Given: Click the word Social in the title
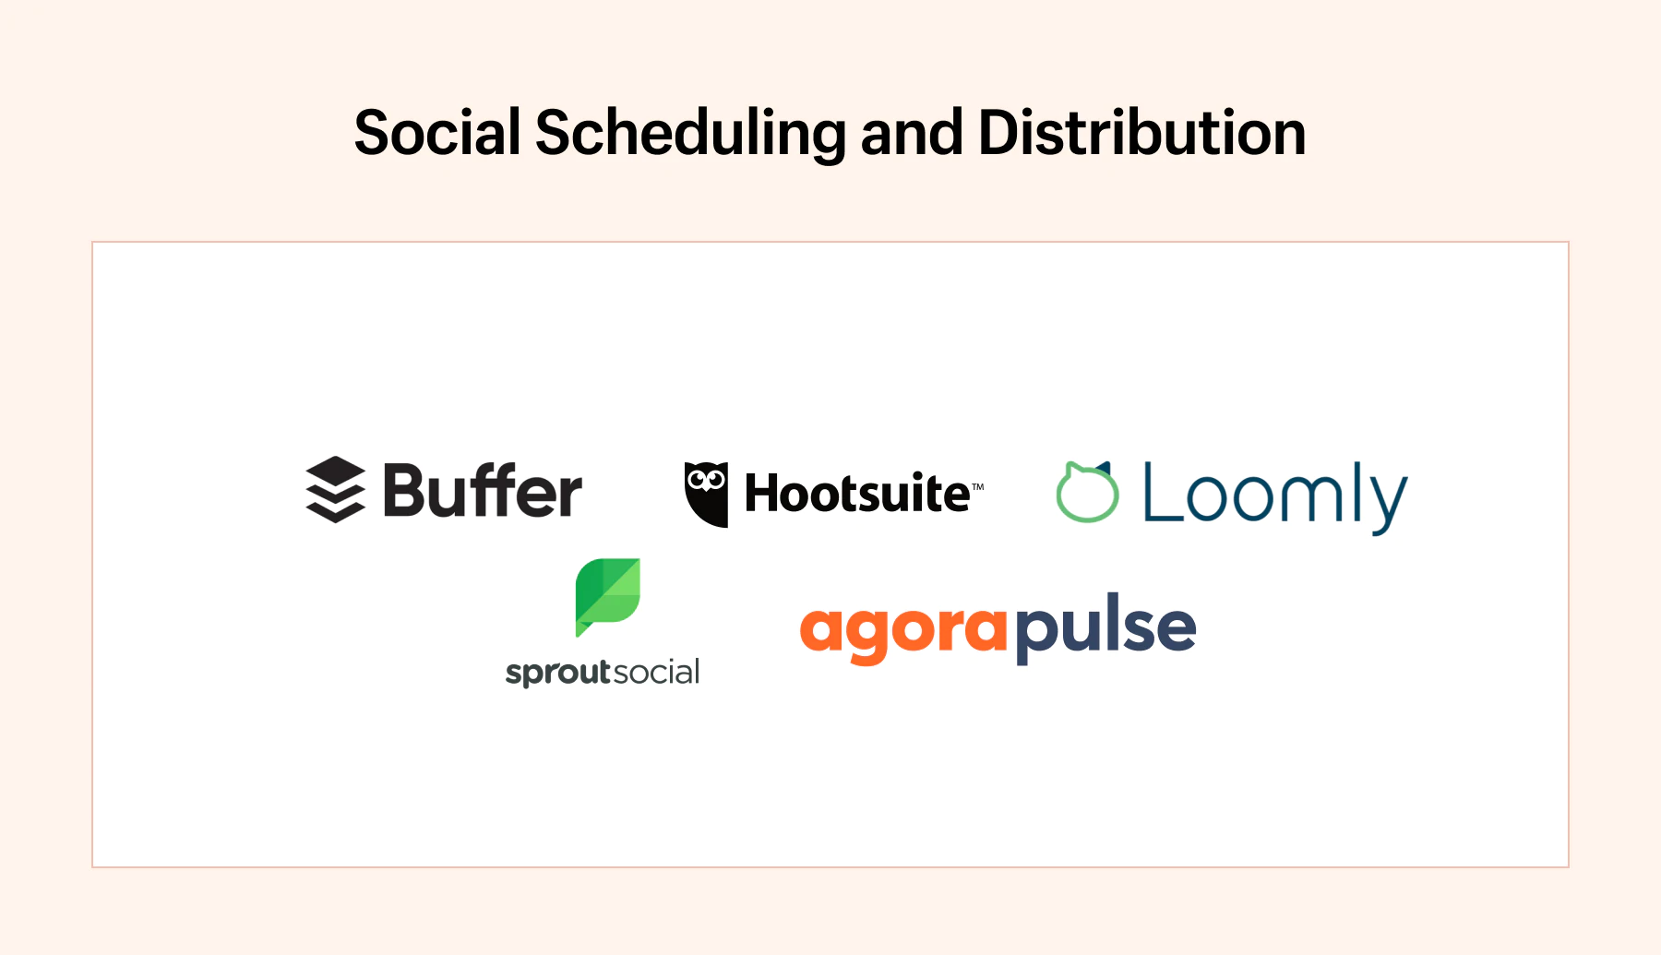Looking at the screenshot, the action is [x=438, y=132].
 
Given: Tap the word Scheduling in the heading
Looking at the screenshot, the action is [x=690, y=134].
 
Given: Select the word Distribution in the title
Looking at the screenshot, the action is [x=1141, y=132].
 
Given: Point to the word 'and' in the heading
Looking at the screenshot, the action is [x=912, y=132].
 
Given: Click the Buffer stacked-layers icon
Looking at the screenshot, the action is [x=335, y=489].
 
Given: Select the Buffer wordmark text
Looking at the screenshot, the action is [x=483, y=490].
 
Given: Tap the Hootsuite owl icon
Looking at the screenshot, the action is [x=706, y=495].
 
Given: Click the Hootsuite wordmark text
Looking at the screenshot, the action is [x=857, y=493].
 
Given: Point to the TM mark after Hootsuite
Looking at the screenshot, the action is [x=977, y=486].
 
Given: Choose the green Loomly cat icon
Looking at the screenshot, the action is [x=1088, y=492].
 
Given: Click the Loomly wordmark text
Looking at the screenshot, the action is [x=1275, y=497].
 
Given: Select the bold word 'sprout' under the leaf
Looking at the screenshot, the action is [x=558, y=673].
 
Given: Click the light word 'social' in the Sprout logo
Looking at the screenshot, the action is [x=656, y=671].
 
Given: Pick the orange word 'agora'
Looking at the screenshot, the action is [x=903, y=632].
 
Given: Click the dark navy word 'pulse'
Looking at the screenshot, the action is [x=1105, y=627].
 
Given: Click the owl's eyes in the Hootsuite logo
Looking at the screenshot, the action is [x=706, y=479].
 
